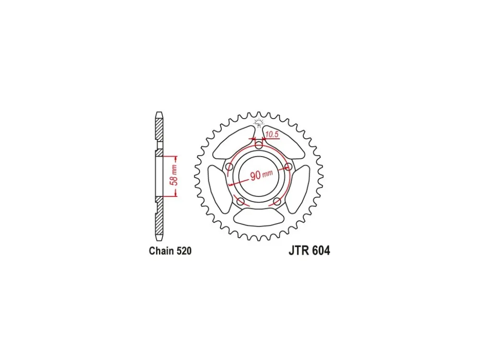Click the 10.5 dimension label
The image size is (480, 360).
click(272, 134)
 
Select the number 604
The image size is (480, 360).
click(320, 251)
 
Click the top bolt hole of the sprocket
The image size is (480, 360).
click(259, 145)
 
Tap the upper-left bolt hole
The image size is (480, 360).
click(229, 167)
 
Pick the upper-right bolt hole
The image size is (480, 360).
click(288, 167)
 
